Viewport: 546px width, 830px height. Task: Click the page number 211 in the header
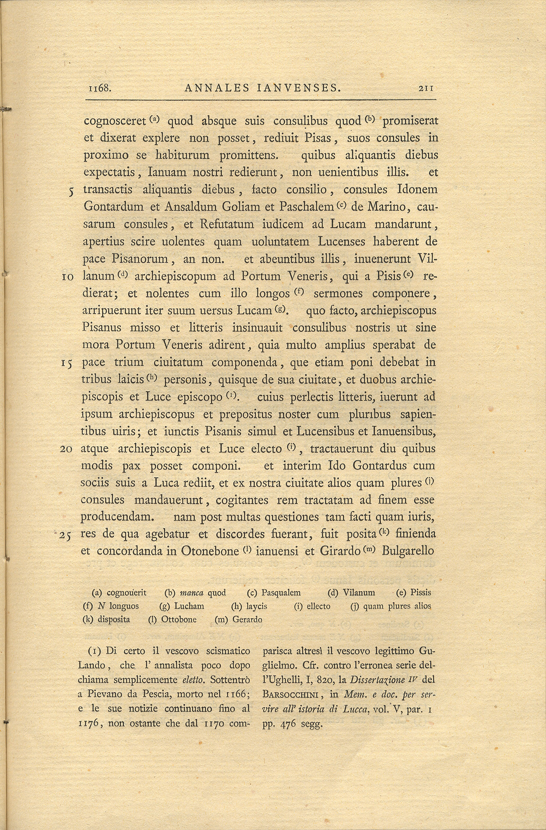pos(426,88)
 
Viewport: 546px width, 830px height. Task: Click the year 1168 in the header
pos(100,88)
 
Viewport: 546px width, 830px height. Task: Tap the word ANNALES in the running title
pos(217,88)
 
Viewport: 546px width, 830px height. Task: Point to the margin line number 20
pos(66,449)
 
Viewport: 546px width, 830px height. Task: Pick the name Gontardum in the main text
pos(114,207)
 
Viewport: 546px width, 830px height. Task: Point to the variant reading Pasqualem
pos(281,593)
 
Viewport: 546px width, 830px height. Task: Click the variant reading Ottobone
pos(179,620)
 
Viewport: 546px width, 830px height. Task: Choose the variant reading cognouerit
pos(127,593)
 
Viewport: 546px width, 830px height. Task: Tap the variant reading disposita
pos(114,620)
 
